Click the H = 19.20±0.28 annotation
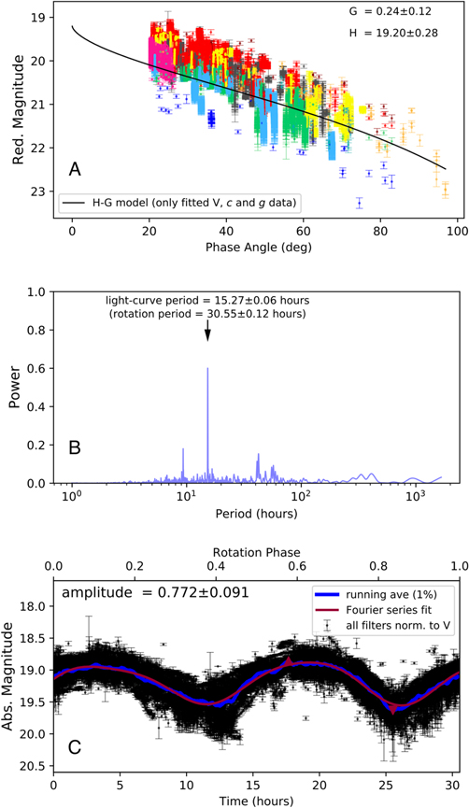[x=396, y=41]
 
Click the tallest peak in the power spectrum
[x=207, y=370]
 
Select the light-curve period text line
[x=206, y=301]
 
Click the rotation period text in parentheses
[x=206, y=315]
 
